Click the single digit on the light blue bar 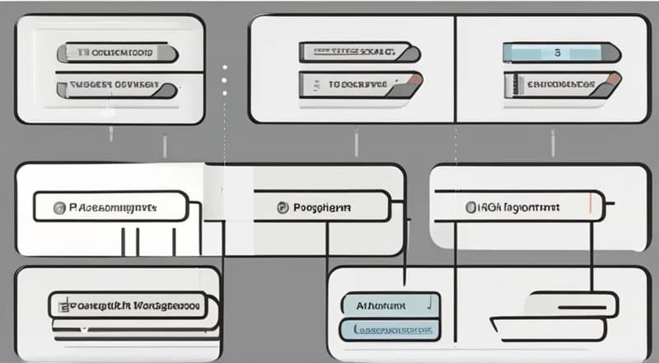(x=556, y=53)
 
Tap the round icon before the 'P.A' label (x=58, y=207)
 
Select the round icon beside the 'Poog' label (x=283, y=207)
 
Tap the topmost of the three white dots (x=224, y=67)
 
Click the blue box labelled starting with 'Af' (x=386, y=304)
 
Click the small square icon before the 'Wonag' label (x=60, y=305)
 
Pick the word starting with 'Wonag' (x=164, y=305)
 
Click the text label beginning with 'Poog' (x=321, y=207)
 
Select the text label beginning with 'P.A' (x=111, y=207)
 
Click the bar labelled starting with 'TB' (x=115, y=54)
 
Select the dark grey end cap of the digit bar (x=609, y=53)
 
